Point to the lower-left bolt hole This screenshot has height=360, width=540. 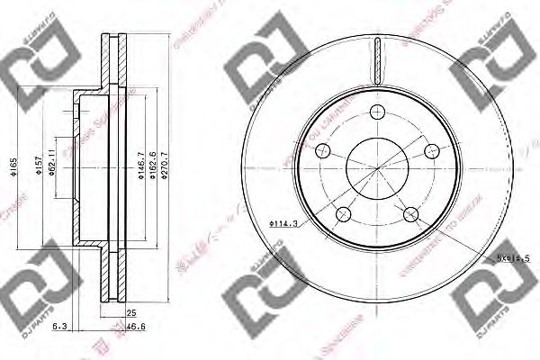[x=343, y=213]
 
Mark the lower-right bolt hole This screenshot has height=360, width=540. [x=410, y=213]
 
